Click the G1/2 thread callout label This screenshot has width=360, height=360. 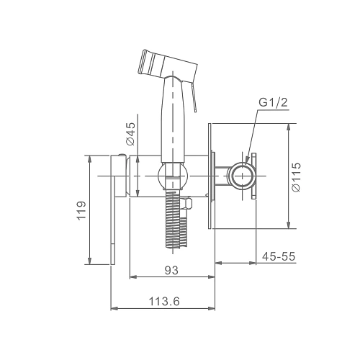click(x=273, y=103)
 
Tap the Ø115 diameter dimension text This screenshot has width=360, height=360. click(x=296, y=177)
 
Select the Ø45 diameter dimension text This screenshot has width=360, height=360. click(x=130, y=134)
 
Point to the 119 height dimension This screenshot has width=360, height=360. click(x=81, y=210)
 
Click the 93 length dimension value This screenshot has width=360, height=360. click(x=171, y=271)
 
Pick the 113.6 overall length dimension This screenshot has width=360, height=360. click(x=164, y=301)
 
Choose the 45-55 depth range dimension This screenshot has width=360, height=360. click(x=279, y=256)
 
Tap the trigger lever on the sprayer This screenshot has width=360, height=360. click(x=194, y=96)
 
